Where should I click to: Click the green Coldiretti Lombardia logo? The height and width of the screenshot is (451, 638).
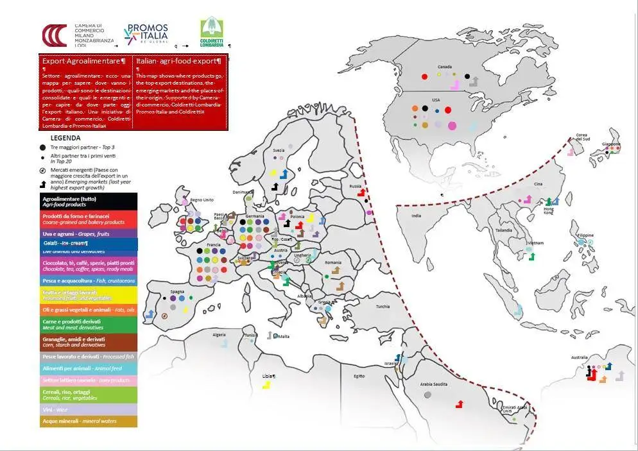[x=212, y=33]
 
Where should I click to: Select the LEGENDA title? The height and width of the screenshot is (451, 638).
[x=65, y=138]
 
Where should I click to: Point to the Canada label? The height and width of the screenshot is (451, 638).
[x=444, y=67]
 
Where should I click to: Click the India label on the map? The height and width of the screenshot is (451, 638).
[x=416, y=216]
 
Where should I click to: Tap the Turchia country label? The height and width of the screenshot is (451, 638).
[x=383, y=306]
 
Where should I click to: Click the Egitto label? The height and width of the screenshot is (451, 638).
[x=359, y=376]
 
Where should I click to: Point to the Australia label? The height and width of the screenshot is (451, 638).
[x=576, y=359]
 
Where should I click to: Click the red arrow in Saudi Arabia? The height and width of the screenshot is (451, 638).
[x=460, y=404]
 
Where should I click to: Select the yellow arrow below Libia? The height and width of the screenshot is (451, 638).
[x=266, y=384]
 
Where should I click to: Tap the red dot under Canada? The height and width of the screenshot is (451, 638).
[x=424, y=77]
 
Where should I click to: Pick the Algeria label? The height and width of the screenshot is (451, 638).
[x=220, y=335]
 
